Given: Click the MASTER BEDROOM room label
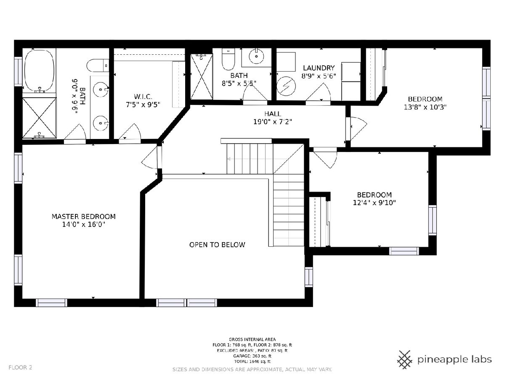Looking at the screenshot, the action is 83,216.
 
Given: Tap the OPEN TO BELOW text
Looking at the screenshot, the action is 217,245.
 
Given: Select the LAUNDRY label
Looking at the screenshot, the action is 319,68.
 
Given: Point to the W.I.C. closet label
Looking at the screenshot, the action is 143,97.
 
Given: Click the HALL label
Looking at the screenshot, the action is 273,114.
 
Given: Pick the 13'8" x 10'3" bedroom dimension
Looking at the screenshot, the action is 425,107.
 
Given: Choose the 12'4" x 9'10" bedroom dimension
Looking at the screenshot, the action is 374,203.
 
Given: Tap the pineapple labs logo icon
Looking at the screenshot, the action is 405,360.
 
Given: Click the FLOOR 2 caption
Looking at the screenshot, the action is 20,367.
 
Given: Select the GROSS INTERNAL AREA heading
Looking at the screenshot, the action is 252,339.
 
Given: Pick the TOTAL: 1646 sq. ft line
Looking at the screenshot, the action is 252,361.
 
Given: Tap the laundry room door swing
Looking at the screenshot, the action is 318,92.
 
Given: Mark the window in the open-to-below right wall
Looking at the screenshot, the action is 309,277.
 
